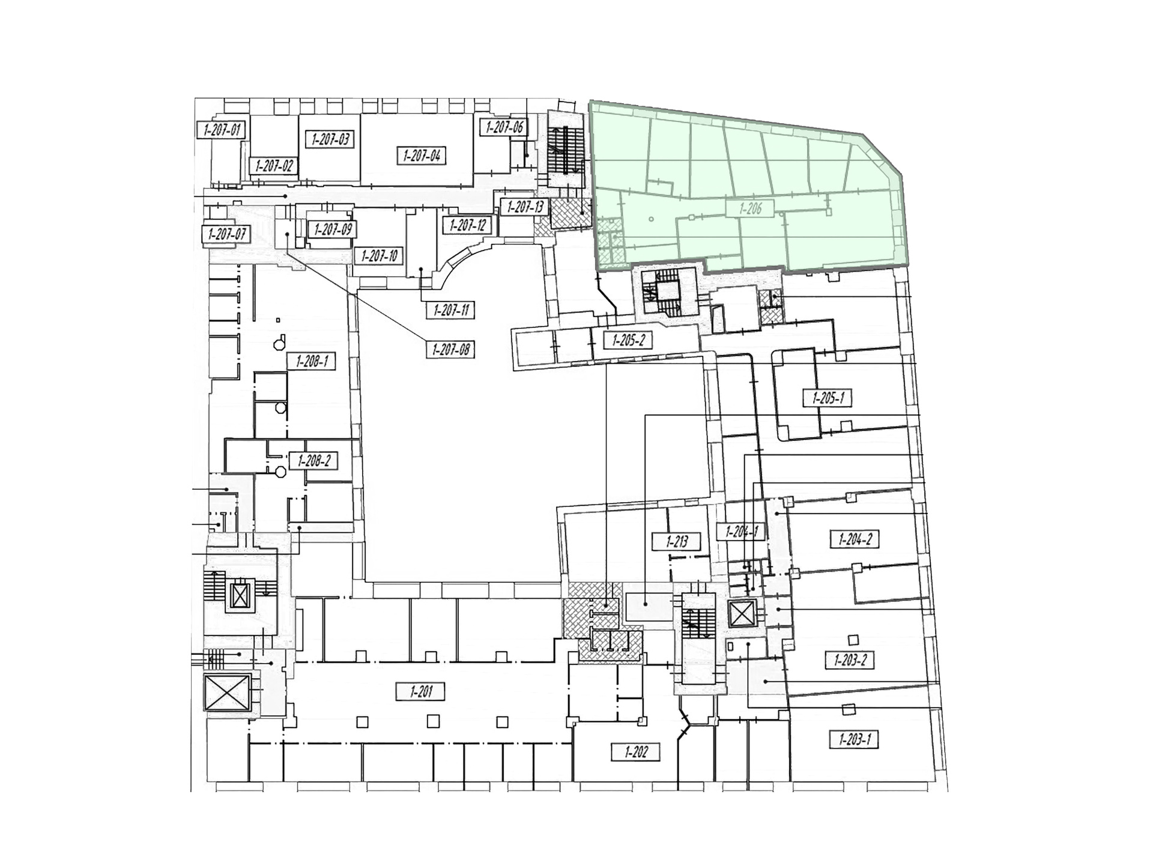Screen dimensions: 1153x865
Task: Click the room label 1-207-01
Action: point(222,129)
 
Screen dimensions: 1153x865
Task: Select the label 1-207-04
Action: point(422,156)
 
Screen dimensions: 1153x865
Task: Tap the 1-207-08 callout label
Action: point(450,349)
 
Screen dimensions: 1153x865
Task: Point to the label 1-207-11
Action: point(450,311)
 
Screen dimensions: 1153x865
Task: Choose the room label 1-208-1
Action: point(311,362)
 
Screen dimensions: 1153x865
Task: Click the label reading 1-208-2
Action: point(313,461)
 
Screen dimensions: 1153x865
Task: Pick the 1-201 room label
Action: point(421,691)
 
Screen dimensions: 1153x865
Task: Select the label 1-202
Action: point(635,751)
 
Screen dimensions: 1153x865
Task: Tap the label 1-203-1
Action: point(854,739)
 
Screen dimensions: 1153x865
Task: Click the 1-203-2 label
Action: point(850,660)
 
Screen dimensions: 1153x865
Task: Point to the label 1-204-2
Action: point(855,539)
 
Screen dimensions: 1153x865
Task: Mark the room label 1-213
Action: point(677,541)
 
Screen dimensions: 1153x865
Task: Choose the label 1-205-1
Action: point(828,398)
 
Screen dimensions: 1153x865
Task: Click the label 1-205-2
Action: point(628,341)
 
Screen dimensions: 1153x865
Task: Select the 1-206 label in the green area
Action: point(751,208)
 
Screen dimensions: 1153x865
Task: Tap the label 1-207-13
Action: point(525,207)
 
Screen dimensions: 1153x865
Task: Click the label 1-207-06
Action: point(504,127)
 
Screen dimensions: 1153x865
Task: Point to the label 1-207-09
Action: point(331,229)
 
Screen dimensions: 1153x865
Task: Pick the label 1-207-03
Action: point(330,139)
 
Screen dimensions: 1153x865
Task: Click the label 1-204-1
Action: point(742,532)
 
